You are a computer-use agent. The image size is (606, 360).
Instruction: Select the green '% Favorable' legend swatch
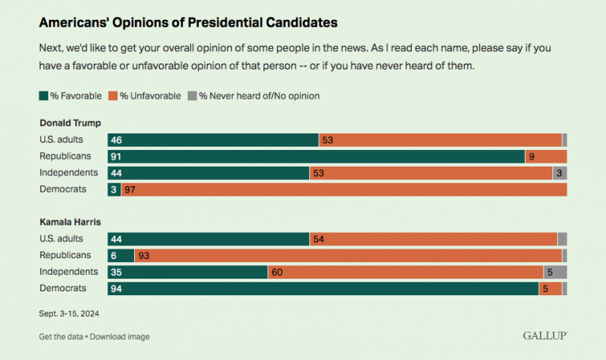43,96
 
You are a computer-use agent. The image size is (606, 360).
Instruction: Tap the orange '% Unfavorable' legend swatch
112,96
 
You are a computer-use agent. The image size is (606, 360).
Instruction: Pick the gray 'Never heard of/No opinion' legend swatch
192,96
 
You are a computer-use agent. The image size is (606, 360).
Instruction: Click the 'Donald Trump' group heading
70,122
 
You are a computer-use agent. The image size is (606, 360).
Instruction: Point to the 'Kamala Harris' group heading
71,222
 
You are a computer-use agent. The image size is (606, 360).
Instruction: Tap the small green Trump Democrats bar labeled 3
114,189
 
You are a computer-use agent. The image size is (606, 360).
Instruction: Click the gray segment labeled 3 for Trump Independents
559,173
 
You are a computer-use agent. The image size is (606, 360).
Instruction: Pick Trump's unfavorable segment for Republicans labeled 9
545,156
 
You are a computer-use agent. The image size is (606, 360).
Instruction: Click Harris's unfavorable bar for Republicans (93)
347,255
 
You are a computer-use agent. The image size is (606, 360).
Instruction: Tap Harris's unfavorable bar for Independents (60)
405,272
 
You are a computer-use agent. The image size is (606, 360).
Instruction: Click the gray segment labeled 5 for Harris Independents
555,272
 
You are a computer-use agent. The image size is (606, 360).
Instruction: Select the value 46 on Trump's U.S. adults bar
125,140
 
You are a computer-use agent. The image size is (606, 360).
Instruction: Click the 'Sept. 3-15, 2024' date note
69,313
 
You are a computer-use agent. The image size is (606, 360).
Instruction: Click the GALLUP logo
544,336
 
